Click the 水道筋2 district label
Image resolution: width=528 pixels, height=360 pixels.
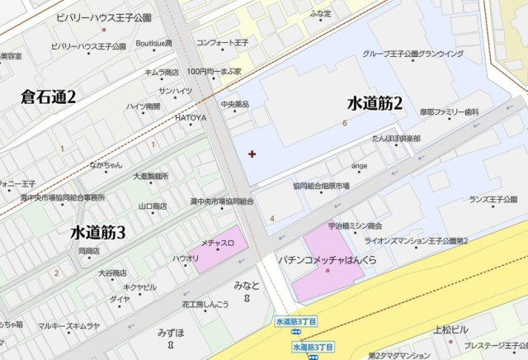[375, 103]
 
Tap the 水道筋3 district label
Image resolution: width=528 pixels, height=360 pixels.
[97, 232]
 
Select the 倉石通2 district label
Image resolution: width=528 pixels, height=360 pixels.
[49, 97]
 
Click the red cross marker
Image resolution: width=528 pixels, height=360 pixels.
[252, 154]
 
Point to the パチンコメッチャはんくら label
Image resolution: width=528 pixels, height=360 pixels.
[327, 259]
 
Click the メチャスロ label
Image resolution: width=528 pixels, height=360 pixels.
[218, 243]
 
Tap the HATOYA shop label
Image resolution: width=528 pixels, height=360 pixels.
[190, 117]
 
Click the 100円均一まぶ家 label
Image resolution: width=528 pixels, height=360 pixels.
[214, 72]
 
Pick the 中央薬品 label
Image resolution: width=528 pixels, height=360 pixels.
[234, 104]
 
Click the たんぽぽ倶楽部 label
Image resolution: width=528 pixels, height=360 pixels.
[396, 138]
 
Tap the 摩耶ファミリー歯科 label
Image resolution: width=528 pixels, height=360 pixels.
[449, 111]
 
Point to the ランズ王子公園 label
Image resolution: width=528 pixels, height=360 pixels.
[493, 199]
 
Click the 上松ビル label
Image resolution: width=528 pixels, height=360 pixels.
[450, 328]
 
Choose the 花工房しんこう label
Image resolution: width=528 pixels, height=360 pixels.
[205, 304]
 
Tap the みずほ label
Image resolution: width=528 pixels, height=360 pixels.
[171, 333]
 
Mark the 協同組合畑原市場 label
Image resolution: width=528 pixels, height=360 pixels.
[321, 186]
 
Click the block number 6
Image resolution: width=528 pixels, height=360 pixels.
[344, 123]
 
